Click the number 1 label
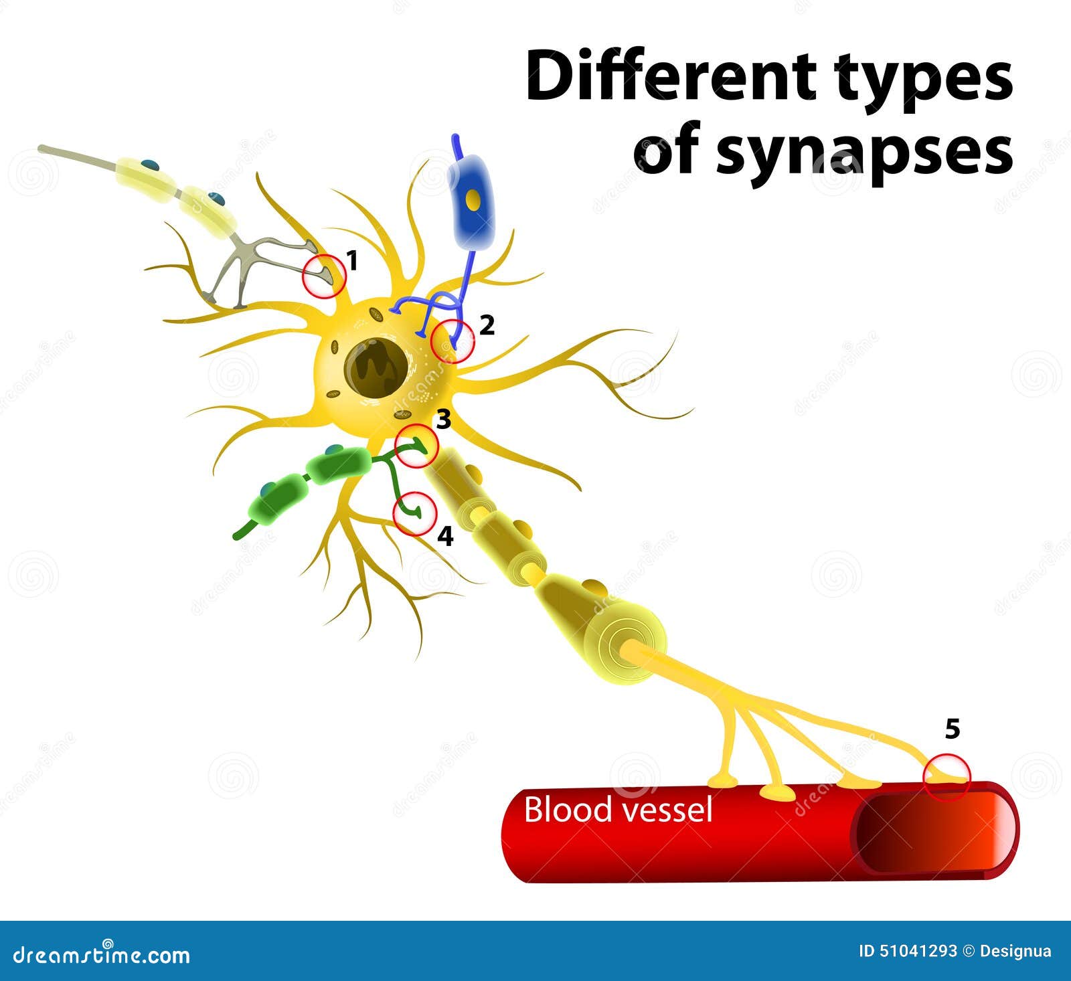[x=353, y=260]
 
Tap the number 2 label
[x=487, y=325]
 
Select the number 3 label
[x=443, y=420]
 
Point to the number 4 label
[x=445, y=536]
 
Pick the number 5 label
[x=953, y=729]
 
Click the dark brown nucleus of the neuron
[x=376, y=369]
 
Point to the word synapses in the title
[x=863, y=155]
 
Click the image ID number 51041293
[x=916, y=952]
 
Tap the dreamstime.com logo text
[x=101, y=954]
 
